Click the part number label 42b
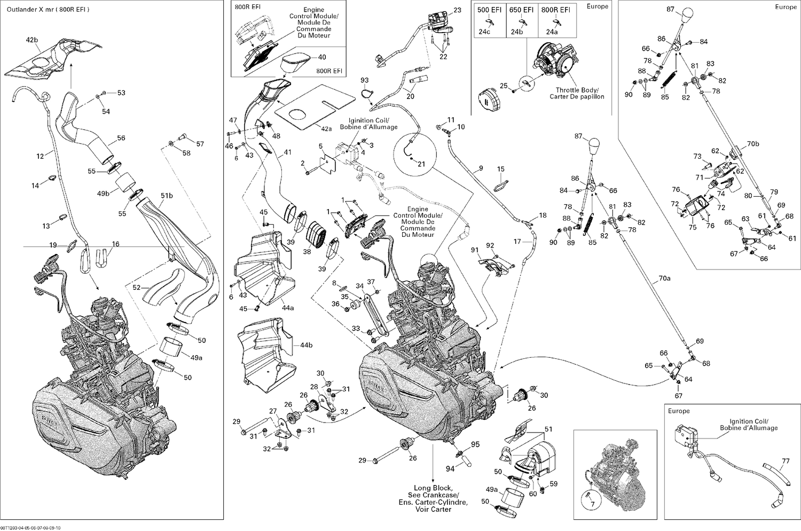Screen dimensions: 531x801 32,40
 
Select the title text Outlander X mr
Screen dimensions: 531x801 27,10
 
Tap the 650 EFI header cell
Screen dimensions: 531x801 521,10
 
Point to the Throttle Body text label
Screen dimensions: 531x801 577,90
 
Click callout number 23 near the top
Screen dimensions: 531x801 457,10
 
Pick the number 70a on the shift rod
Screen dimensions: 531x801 664,278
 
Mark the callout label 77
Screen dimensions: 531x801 786,461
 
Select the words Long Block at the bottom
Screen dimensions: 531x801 433,488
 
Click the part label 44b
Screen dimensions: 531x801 306,345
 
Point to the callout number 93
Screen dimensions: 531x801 364,81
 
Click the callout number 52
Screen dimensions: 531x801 137,288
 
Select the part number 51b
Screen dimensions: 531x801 167,196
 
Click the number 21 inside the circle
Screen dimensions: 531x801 421,164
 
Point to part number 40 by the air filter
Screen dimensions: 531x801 322,57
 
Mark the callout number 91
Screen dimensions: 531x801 475,250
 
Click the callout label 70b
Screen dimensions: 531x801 752,144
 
